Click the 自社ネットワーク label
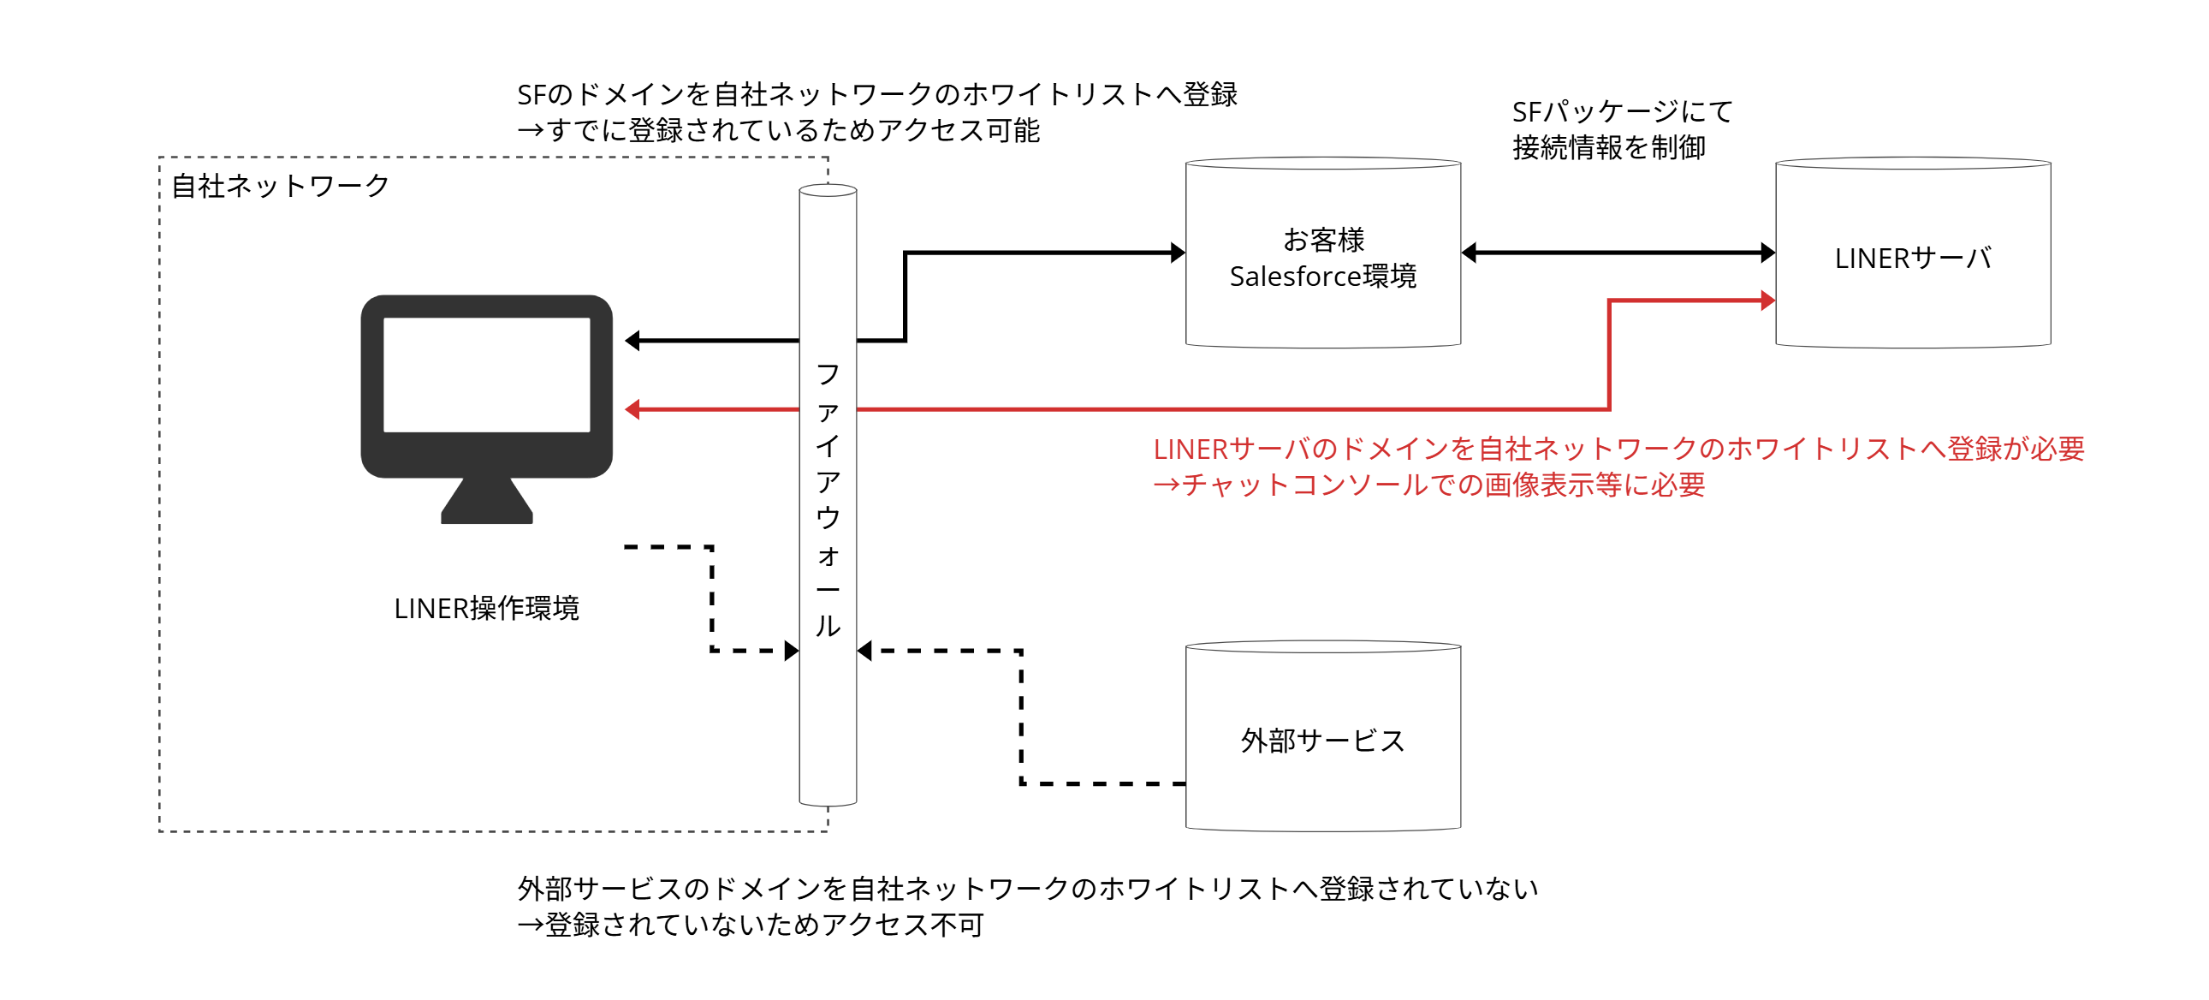[x=281, y=186]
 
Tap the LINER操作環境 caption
[x=486, y=608]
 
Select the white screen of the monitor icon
[x=486, y=375]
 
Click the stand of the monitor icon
[x=486, y=502]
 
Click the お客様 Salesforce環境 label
[x=1322, y=258]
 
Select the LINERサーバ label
[x=1912, y=259]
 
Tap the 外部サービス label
[x=1322, y=740]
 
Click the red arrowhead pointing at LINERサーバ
[x=1767, y=301]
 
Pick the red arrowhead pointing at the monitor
[x=632, y=409]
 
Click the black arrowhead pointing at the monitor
[x=632, y=341]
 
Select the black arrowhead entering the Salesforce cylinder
[x=1179, y=253]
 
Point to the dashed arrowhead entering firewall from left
[x=792, y=651]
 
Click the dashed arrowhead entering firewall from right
[x=864, y=651]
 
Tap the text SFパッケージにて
[x=1622, y=111]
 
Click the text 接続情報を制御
[x=1609, y=147]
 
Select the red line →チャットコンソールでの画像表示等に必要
[x=1428, y=485]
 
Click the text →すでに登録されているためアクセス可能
[x=779, y=130]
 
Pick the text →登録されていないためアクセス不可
[x=751, y=925]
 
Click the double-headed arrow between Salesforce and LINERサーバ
[x=1618, y=253]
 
